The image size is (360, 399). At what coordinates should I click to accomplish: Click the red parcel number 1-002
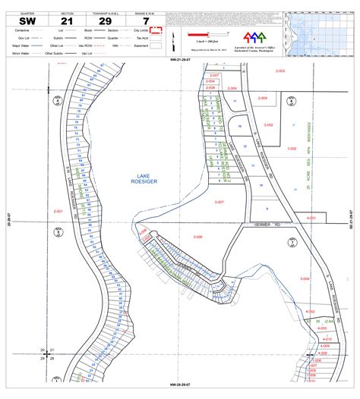tap(292, 149)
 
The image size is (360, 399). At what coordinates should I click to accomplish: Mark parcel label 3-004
tap(305, 279)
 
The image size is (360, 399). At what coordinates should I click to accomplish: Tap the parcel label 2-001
tap(58, 210)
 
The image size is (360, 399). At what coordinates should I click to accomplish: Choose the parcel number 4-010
tap(318, 338)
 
